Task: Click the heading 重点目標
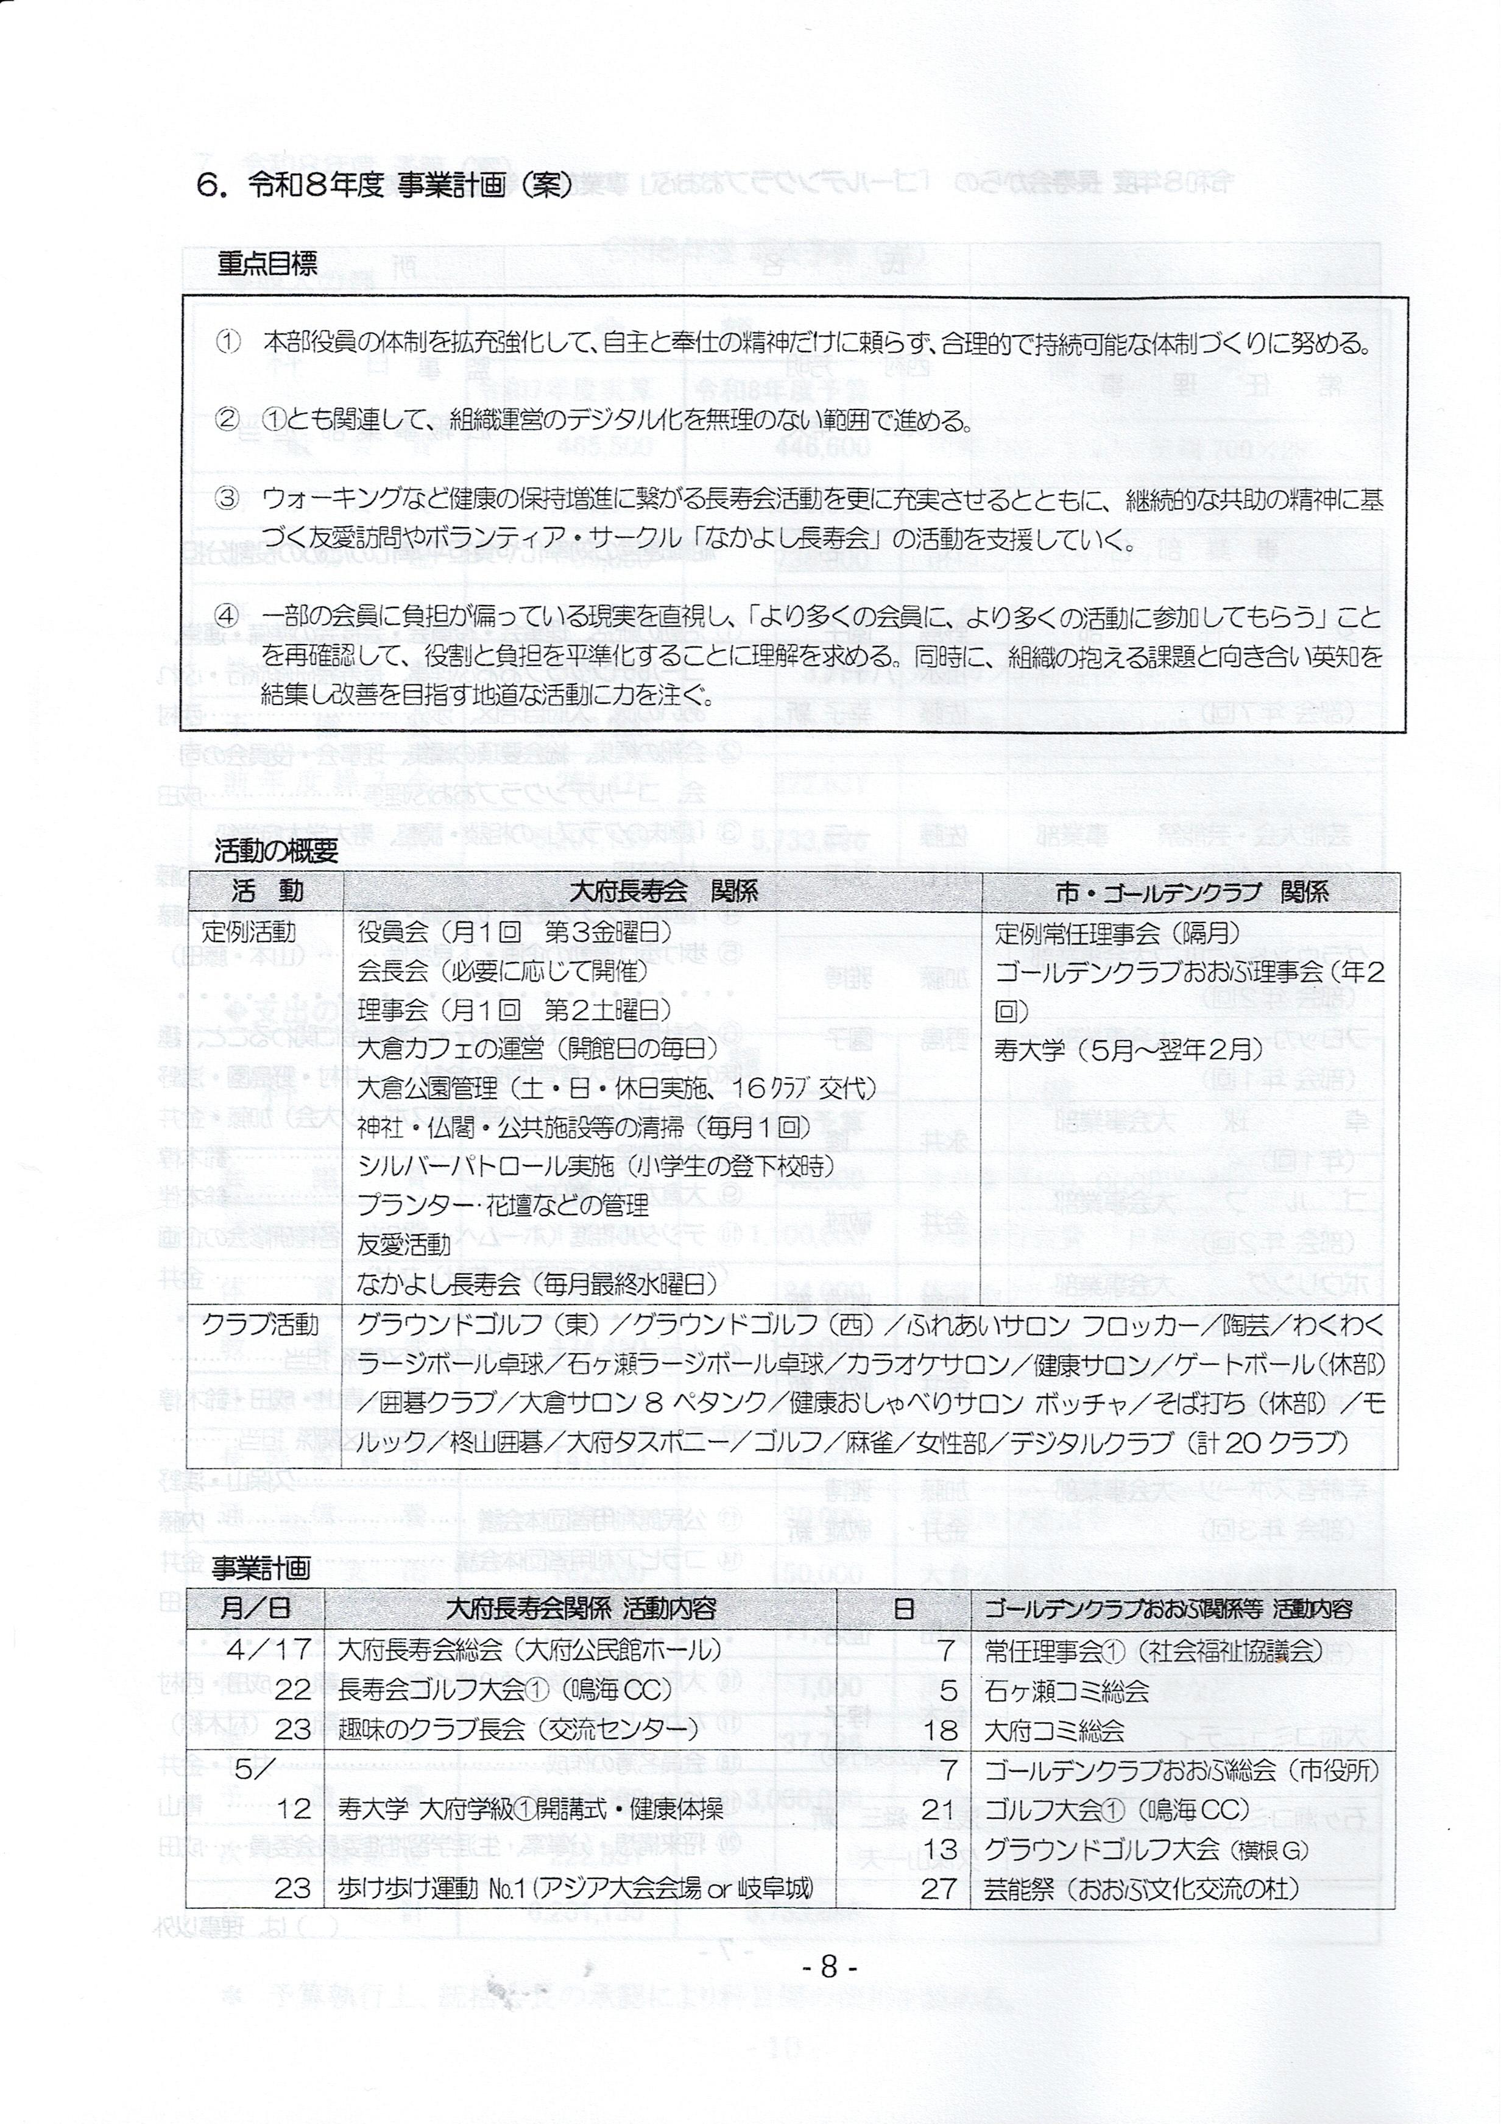click(x=267, y=266)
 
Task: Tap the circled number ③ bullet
click(x=227, y=500)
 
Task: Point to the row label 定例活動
click(x=249, y=932)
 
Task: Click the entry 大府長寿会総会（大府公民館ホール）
click(x=529, y=1649)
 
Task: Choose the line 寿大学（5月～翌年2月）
click(x=1128, y=1050)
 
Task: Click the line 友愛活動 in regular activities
click(x=404, y=1244)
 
